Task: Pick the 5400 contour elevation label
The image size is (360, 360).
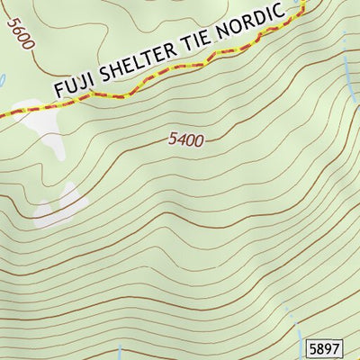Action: [x=186, y=140]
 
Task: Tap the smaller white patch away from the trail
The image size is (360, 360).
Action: [x=63, y=204]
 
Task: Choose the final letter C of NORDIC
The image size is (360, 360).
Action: [x=290, y=12]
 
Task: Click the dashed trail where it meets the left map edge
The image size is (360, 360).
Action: [x=3, y=112]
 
